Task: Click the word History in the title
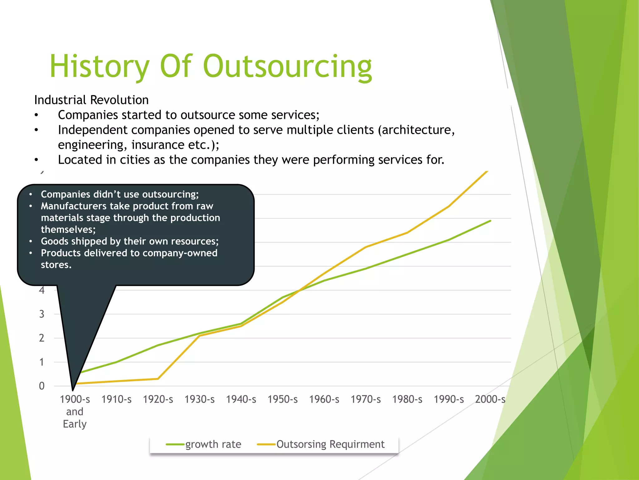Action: pos(99,66)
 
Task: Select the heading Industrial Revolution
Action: pos(91,100)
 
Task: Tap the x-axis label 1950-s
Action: pos(282,399)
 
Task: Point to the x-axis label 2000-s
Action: pos(490,399)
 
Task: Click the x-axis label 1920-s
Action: pos(158,399)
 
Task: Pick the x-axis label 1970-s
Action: pos(365,399)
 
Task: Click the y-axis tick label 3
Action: pos(41,314)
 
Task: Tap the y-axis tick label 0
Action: pos(41,386)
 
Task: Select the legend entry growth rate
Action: pos(213,444)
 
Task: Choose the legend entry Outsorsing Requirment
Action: pos(330,444)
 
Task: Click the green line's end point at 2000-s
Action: pos(490,221)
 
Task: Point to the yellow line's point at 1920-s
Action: pos(158,379)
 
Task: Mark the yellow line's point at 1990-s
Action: pos(449,206)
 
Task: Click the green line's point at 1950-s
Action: pos(282,297)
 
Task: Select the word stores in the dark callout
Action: pos(55,265)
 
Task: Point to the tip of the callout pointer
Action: pos(73,390)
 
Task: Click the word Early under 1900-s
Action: pos(75,424)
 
